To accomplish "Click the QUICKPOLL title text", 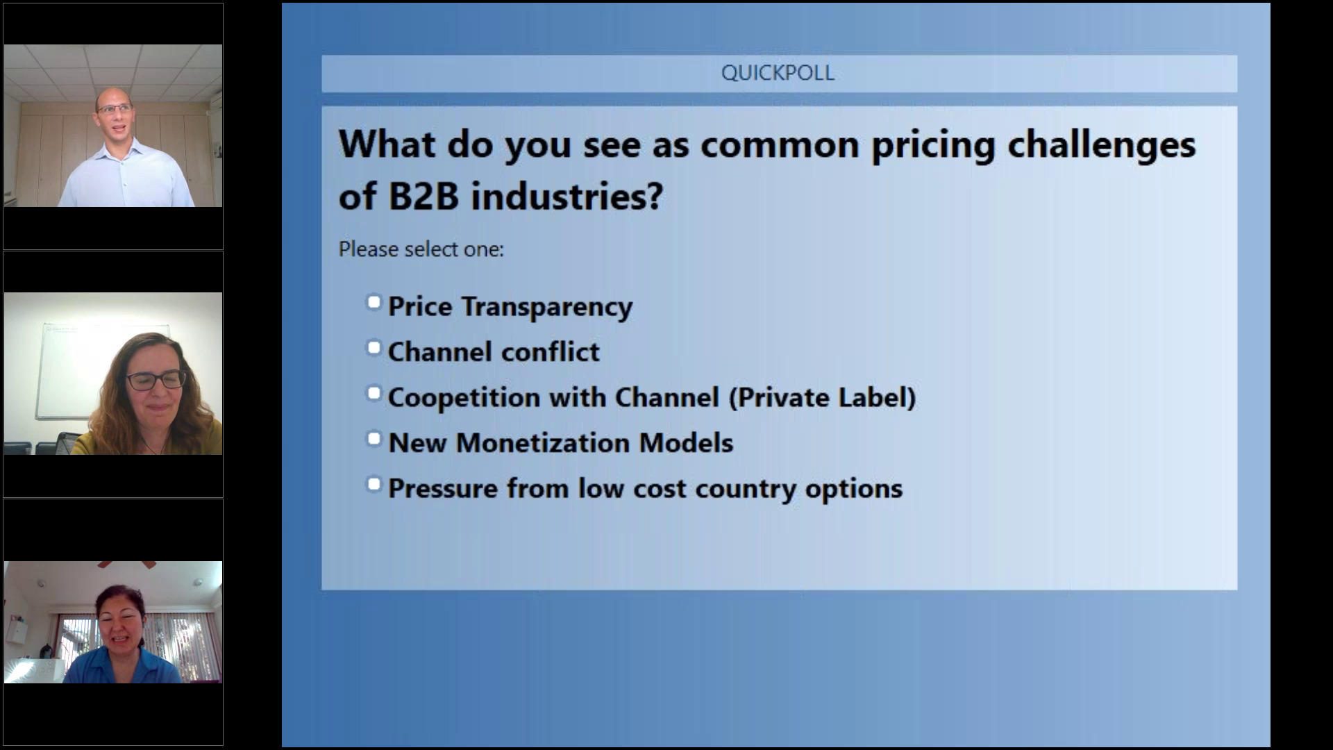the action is [778, 73].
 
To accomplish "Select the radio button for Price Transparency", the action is [374, 302].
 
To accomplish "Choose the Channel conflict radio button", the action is [374, 347].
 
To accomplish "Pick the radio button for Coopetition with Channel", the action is [374, 393].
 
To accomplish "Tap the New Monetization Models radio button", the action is [374, 438].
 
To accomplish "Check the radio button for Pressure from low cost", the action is [374, 484].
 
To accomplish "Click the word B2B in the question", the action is [424, 196].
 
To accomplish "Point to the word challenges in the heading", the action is [1102, 145].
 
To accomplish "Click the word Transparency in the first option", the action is [547, 307].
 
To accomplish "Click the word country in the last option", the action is [746, 489].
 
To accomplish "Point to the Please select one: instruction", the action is [421, 249].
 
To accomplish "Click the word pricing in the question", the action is [933, 145].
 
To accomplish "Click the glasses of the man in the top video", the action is [115, 108].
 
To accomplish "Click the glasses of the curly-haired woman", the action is [156, 381].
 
